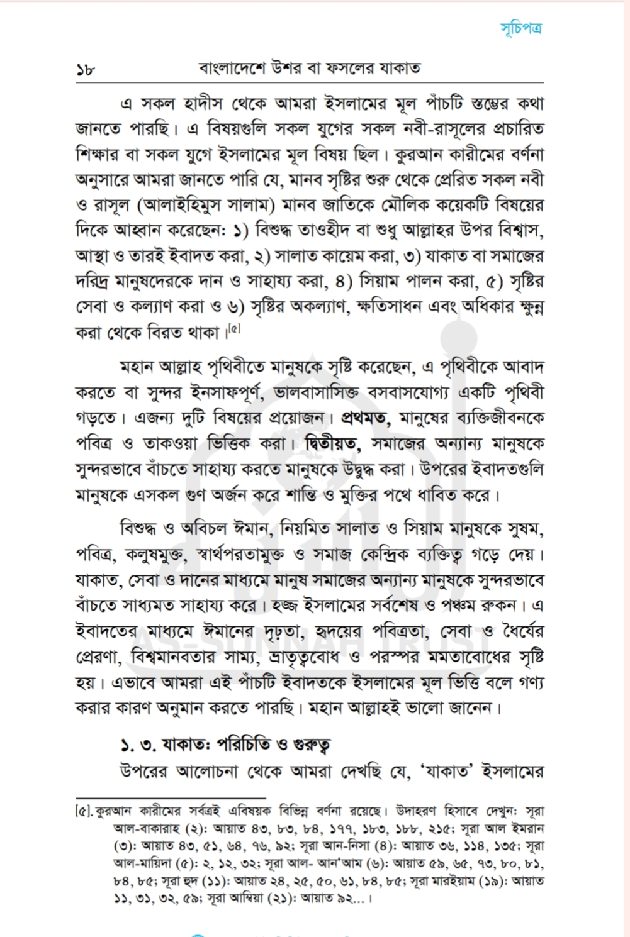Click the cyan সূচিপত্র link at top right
521,28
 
